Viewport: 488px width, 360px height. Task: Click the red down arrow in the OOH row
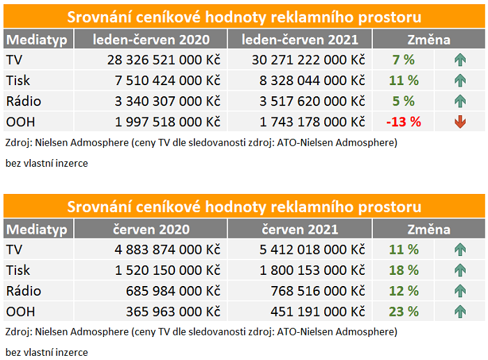pyautogui.click(x=460, y=122)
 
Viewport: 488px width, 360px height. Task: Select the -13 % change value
pyautogui.click(x=404, y=122)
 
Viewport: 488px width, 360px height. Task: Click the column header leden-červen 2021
pyautogui.click(x=300, y=40)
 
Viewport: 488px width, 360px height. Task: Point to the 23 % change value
pyautogui.click(x=404, y=311)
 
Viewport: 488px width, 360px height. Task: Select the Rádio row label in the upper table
pyautogui.click(x=23, y=101)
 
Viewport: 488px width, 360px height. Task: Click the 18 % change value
pyautogui.click(x=404, y=270)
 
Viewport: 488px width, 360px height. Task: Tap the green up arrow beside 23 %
pyautogui.click(x=460, y=311)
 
